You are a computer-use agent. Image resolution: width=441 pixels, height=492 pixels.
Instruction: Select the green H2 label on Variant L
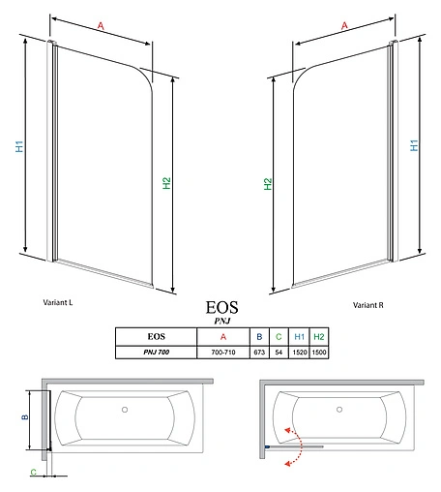(x=166, y=183)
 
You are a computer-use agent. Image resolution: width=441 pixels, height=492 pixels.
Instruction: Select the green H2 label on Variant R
(x=268, y=183)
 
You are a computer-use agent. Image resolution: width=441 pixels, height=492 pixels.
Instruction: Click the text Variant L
(x=58, y=302)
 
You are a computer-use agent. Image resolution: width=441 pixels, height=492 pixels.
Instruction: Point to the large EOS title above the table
(x=220, y=308)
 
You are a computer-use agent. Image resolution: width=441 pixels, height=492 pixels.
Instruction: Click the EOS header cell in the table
(x=155, y=337)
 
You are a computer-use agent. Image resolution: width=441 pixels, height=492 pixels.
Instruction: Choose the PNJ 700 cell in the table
(x=155, y=353)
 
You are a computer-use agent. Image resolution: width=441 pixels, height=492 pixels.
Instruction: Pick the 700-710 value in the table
(x=221, y=353)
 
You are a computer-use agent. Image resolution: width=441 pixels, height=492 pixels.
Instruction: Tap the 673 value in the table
(x=259, y=353)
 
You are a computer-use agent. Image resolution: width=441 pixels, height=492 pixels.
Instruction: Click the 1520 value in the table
(x=300, y=353)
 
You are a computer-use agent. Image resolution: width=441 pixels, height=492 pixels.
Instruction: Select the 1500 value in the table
(x=319, y=353)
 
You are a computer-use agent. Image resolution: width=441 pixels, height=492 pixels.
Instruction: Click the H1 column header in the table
(x=300, y=337)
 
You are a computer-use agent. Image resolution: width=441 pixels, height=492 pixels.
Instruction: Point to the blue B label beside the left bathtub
(x=27, y=418)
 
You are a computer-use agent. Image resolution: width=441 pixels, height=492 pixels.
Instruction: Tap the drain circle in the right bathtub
(x=339, y=409)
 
